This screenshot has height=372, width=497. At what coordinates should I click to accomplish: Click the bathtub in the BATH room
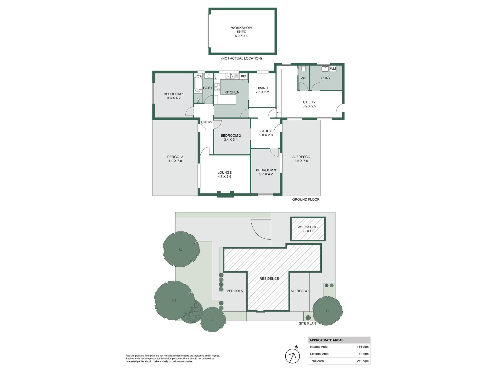point(198,83)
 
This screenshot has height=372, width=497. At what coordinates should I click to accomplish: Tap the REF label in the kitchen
point(244,76)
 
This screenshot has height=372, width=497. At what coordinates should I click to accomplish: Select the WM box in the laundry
point(333,69)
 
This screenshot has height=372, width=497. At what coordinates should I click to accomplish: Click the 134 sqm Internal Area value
point(362,347)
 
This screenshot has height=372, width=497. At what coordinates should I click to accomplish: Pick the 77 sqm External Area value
point(363,354)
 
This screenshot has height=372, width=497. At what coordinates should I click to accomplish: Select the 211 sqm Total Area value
point(363,361)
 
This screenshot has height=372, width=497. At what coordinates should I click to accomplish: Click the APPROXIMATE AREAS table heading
point(326,340)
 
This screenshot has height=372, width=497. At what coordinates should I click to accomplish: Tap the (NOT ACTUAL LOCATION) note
point(241,58)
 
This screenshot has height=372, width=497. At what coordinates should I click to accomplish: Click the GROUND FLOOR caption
point(306,199)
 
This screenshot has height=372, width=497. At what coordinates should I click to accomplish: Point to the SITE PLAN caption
point(307,323)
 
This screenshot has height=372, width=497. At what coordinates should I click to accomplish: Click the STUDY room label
point(266,131)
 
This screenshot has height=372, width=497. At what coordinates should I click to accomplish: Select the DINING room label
point(262,88)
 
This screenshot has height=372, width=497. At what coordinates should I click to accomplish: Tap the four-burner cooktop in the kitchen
point(217,87)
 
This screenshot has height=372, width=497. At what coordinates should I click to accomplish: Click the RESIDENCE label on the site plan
point(269,278)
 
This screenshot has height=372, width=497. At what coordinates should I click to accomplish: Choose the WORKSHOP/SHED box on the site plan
point(308,229)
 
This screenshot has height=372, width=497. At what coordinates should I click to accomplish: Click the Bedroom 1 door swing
point(189,111)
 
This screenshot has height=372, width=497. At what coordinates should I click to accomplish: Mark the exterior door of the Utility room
point(340,108)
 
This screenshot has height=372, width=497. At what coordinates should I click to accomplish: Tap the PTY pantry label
point(216,76)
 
